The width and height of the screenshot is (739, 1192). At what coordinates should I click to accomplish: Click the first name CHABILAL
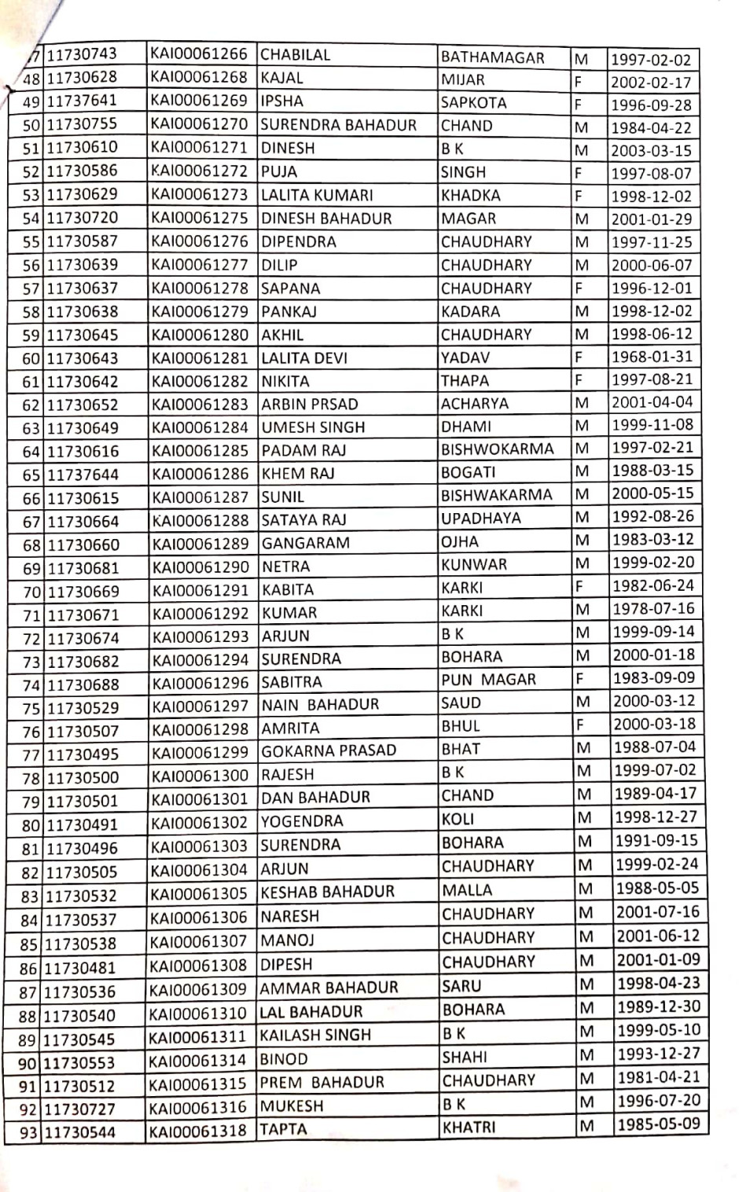pyautogui.click(x=295, y=55)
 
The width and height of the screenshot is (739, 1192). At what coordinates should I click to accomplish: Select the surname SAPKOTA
pyautogui.click(x=473, y=102)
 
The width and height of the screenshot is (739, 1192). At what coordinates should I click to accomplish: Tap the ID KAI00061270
pyautogui.click(x=200, y=124)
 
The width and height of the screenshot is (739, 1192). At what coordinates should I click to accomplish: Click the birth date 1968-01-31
pyautogui.click(x=652, y=357)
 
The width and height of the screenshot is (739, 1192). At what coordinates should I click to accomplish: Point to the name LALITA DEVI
pyautogui.click(x=303, y=358)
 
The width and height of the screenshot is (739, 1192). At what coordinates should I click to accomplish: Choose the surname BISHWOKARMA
pyautogui.click(x=497, y=449)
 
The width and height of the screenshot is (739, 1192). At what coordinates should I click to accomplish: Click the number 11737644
pyautogui.click(x=83, y=475)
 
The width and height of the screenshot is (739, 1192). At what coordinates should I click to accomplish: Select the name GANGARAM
pyautogui.click(x=305, y=543)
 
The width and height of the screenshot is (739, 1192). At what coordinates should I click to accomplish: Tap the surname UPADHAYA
pyautogui.click(x=480, y=519)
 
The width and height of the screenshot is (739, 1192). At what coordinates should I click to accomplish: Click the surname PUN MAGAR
pyautogui.click(x=488, y=680)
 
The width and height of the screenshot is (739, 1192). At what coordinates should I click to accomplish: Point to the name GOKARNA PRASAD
pyautogui.click(x=328, y=750)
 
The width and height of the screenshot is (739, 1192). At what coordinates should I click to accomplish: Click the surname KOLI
pyautogui.click(x=458, y=819)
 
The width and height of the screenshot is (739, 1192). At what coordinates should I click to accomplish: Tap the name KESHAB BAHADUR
pyautogui.click(x=327, y=892)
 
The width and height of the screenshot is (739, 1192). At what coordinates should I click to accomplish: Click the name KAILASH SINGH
pyautogui.click(x=314, y=1035)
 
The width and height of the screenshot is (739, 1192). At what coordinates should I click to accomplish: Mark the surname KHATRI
pyautogui.click(x=469, y=1128)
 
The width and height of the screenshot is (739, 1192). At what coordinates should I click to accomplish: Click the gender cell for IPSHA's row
pyautogui.click(x=579, y=104)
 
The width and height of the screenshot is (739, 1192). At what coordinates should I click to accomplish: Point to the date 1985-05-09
pyautogui.click(x=658, y=1124)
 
